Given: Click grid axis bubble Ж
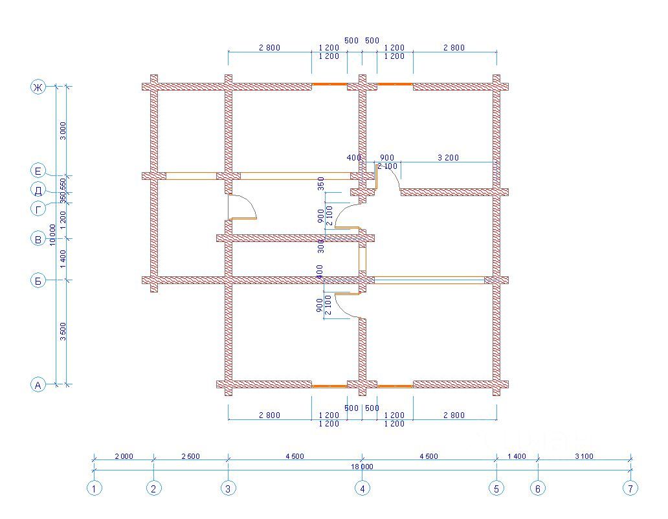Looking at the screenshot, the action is click(38, 87).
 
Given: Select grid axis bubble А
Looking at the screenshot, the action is click(38, 385).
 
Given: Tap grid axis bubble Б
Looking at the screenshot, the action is click(38, 281).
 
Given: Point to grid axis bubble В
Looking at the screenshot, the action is click(38, 239).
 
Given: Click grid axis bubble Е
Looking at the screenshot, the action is click(38, 171).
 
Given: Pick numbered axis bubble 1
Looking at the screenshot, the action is click(95, 489).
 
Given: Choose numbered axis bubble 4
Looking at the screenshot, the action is click(362, 489).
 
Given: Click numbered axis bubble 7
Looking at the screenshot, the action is click(630, 489).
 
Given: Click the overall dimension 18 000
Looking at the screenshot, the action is click(362, 466).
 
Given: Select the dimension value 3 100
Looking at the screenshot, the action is click(583, 456).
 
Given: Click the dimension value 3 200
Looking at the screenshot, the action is click(448, 157).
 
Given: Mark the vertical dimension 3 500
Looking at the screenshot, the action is click(62, 333).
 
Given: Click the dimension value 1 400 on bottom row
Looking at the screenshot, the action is click(516, 456).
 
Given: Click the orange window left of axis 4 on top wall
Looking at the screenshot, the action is click(329, 84).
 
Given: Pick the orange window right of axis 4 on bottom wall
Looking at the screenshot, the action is click(395, 386).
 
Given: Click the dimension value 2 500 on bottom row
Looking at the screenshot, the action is click(190, 456).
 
